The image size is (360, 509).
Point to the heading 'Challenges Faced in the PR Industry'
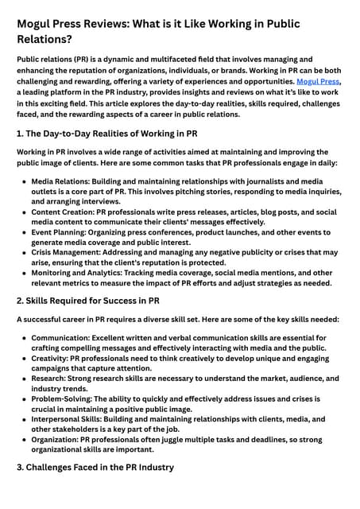(101, 467)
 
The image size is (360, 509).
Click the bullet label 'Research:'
(52, 379)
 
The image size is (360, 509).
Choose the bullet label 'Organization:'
(61, 438)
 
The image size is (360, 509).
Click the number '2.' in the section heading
(21, 301)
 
